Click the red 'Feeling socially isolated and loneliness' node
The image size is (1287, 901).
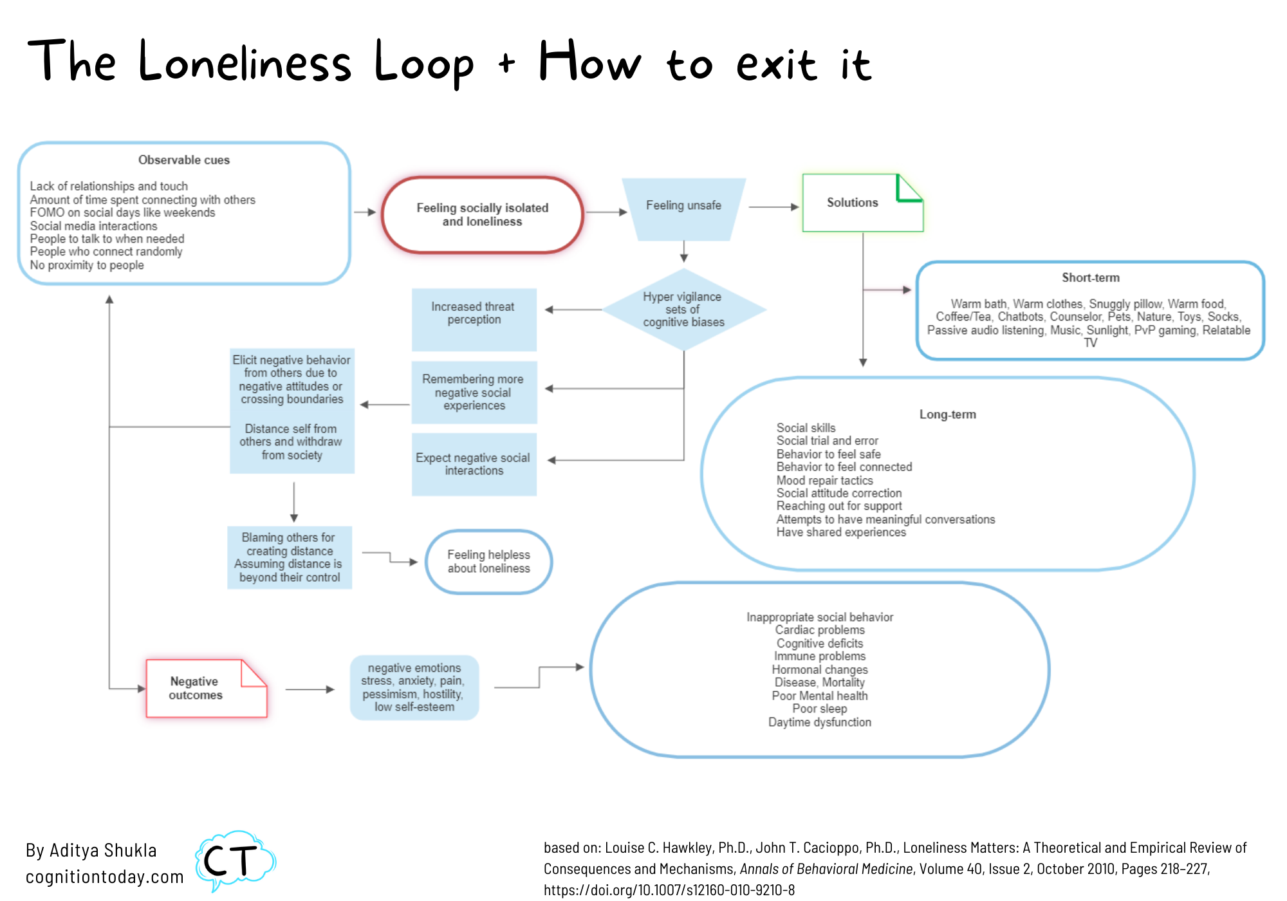482,215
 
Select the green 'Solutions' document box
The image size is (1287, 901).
853,203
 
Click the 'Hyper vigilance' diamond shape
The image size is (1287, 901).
683,310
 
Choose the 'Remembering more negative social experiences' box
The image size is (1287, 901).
474,393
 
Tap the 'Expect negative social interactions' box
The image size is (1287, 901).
474,464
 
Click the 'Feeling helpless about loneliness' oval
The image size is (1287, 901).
488,561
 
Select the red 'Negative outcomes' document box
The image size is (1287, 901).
196,689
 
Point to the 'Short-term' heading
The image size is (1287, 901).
1090,278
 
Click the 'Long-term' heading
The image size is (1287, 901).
947,415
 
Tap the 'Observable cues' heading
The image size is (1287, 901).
184,160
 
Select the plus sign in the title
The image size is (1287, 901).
506,63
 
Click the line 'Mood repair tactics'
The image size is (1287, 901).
824,481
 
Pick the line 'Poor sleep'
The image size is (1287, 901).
819,709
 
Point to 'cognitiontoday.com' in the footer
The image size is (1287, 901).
104,877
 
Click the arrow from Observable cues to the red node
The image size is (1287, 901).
365,212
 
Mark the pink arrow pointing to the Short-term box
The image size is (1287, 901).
887,290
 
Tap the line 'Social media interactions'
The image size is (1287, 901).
94,226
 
